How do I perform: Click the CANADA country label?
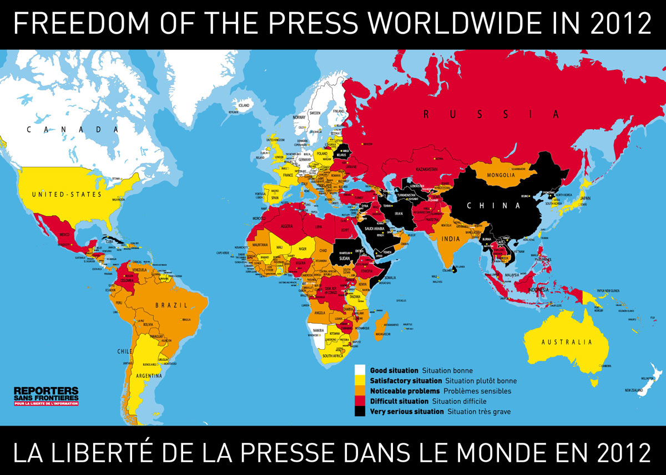(73, 129)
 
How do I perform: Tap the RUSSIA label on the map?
(491, 115)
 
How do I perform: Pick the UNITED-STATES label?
(67, 195)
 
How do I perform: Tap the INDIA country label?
(450, 239)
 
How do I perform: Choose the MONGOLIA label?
(502, 175)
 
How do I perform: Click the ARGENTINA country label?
(148, 376)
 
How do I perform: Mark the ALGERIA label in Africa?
(288, 226)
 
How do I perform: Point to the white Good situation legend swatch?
(360, 370)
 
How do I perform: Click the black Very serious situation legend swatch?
(360, 411)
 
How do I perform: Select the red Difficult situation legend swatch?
(360, 401)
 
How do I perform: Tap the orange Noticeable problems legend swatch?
(360, 391)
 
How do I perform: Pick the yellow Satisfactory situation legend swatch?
(360, 381)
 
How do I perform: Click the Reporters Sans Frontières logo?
(46, 396)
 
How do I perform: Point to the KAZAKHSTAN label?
(425, 168)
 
